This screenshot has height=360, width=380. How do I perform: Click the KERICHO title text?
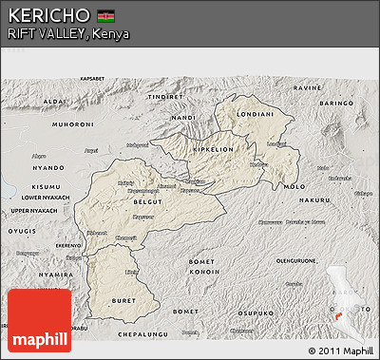pyautogui.click(x=48, y=16)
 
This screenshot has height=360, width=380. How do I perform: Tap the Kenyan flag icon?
pyautogui.click(x=106, y=16)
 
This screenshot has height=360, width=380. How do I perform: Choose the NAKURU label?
pyautogui.click(x=313, y=201)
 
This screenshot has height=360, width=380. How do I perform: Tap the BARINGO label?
pyautogui.click(x=335, y=102)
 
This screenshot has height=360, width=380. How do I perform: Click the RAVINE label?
pyautogui.click(x=312, y=87)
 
